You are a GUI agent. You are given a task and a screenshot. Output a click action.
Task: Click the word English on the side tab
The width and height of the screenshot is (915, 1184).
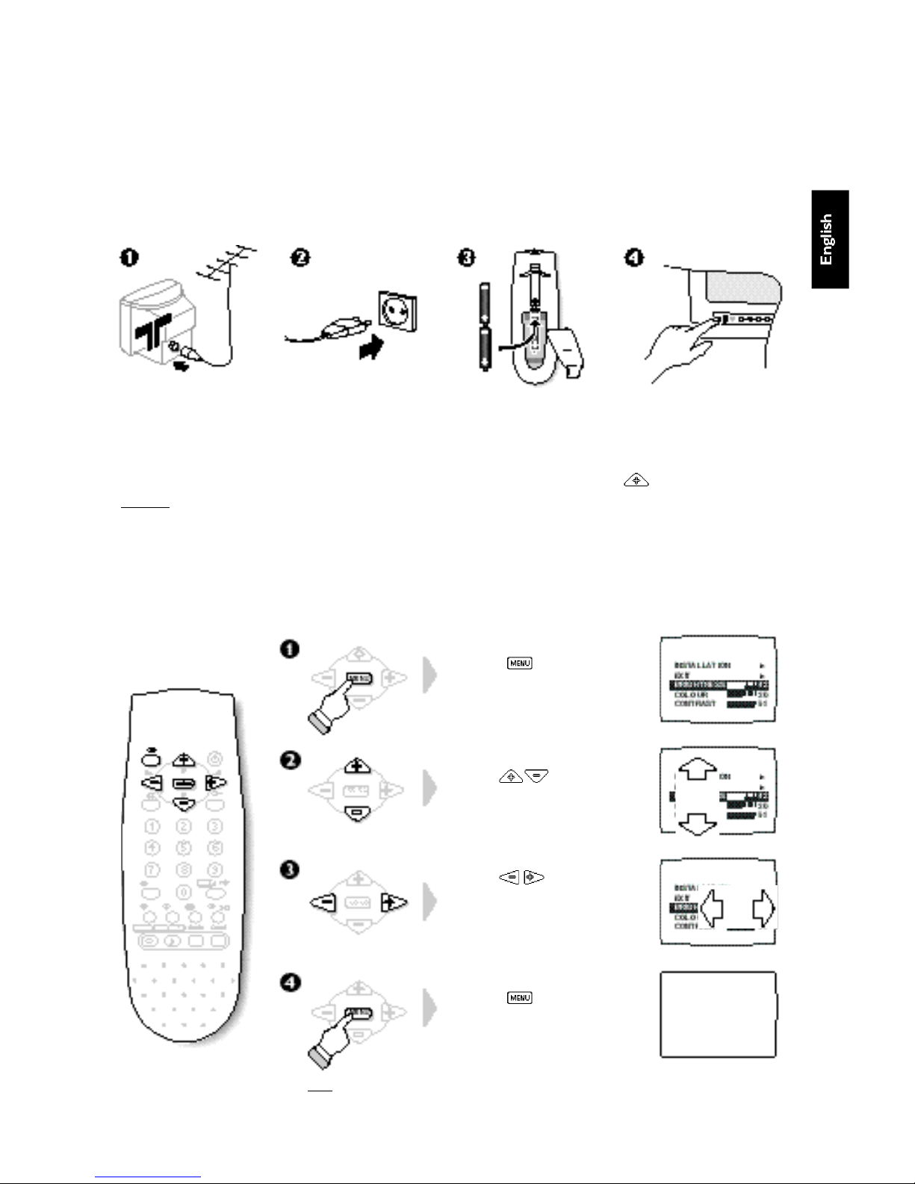[x=826, y=239]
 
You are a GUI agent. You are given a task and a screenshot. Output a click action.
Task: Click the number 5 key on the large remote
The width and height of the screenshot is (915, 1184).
[x=183, y=847]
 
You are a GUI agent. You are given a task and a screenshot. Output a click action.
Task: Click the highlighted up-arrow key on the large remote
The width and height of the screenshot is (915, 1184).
[x=183, y=760]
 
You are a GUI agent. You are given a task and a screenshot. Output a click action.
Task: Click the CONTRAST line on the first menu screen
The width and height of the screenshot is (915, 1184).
[x=695, y=704]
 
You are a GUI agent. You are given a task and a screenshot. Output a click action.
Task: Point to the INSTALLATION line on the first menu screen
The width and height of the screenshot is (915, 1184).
[x=702, y=664]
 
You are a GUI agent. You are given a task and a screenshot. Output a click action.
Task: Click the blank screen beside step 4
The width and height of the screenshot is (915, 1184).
[x=719, y=1014]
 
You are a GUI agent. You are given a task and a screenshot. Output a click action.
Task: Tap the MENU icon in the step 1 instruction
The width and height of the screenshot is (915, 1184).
[x=520, y=663]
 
